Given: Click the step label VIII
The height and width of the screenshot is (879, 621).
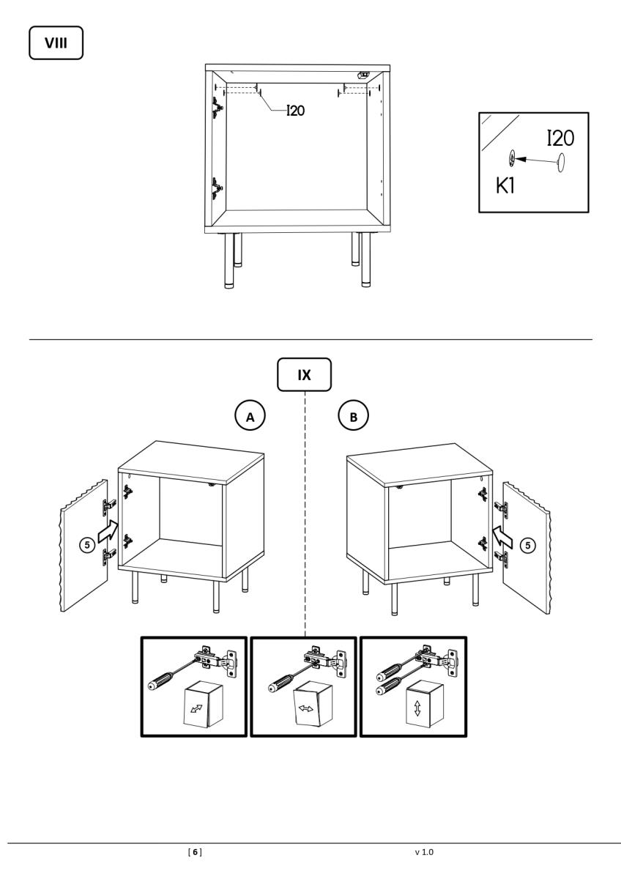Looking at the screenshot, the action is click(56, 42).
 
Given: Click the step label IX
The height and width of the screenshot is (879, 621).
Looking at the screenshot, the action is click(304, 375).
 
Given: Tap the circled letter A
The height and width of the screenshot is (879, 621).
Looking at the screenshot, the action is click(250, 416).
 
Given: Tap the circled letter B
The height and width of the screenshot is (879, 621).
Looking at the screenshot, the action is click(354, 416).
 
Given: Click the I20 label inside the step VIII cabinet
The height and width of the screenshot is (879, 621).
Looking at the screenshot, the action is click(296, 111).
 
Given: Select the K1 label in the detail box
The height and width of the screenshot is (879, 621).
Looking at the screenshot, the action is click(505, 185).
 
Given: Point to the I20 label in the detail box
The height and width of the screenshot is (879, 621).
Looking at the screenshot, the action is click(561, 138).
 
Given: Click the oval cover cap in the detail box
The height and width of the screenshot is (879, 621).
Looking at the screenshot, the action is click(561, 162).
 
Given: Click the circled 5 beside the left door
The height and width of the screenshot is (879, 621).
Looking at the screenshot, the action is click(87, 545).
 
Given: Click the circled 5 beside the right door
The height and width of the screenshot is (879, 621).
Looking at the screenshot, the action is click(528, 545).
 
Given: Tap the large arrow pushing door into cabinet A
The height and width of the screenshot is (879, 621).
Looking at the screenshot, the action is click(108, 532).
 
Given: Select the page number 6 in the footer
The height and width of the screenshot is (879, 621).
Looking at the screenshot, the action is click(195, 852).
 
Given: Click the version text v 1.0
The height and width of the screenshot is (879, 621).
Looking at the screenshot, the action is click(424, 852).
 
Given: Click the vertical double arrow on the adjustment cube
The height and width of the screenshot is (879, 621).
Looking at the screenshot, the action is click(417, 708).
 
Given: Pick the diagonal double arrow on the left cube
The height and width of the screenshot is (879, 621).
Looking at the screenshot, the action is click(196, 708).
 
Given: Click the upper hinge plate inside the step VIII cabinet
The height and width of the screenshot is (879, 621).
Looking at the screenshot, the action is click(217, 108).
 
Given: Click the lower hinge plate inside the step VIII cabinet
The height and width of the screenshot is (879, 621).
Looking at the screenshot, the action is click(217, 189).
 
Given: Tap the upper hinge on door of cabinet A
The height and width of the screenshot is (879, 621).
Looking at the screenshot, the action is click(108, 507).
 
